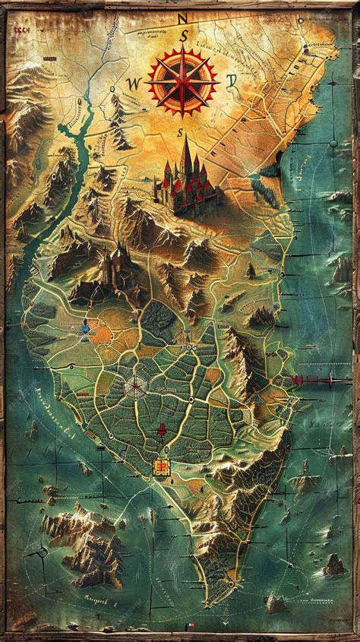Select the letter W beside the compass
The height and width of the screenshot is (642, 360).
134,83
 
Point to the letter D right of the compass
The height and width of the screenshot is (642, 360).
232,79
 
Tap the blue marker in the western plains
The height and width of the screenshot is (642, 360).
86,328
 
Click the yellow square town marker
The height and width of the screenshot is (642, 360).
162,466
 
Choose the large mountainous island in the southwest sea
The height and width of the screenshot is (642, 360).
84,539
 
